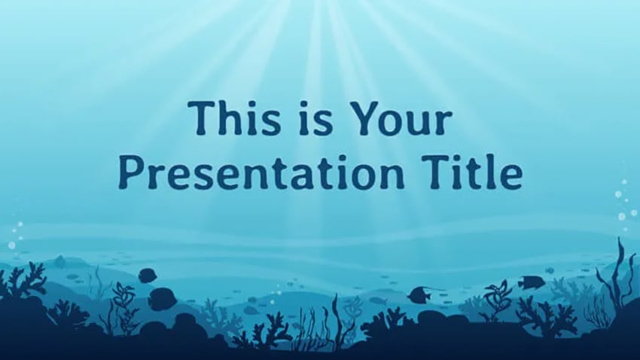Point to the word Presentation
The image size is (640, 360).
[261, 172]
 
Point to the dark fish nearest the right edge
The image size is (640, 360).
[530, 281]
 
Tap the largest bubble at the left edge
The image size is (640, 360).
[11, 245]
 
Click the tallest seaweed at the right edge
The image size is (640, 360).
[617, 278]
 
